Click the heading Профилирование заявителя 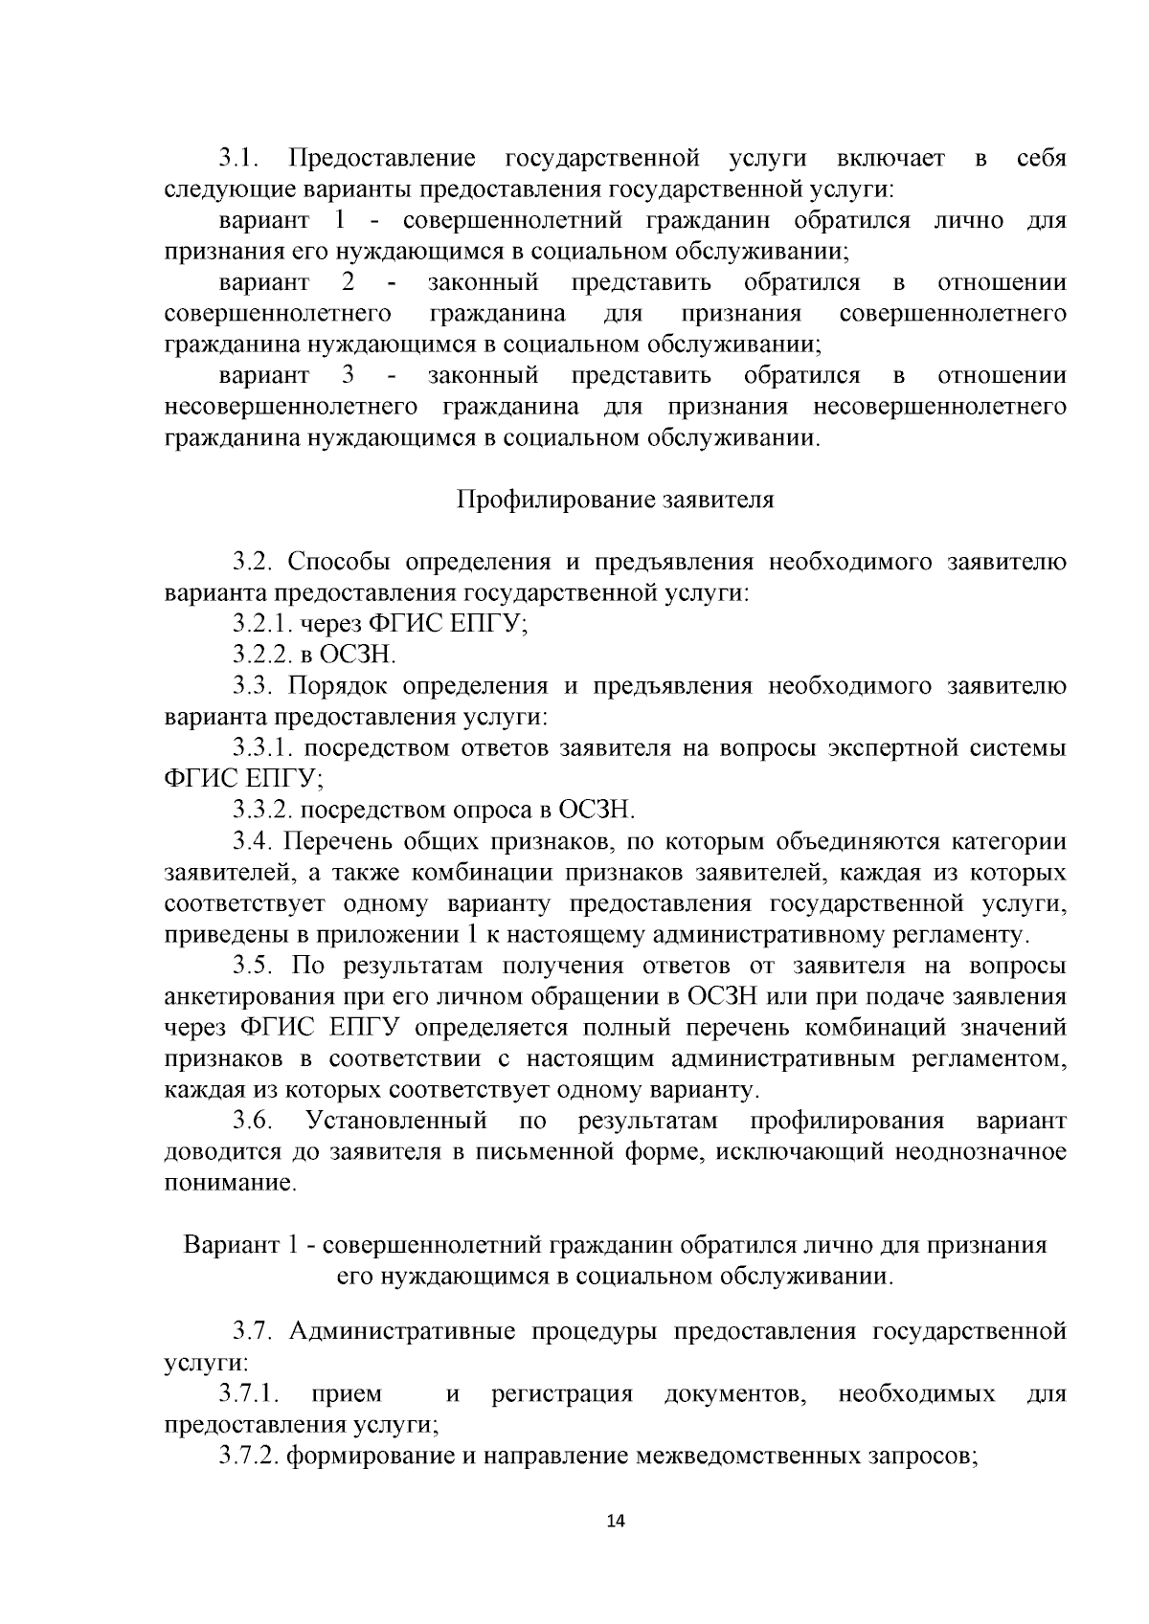click(615, 501)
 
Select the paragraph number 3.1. click(238, 158)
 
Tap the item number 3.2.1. click(262, 624)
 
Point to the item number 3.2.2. click(262, 656)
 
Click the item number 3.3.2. click(262, 811)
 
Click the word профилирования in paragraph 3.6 click(846, 1121)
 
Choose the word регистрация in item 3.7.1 click(562, 1394)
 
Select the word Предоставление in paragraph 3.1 click(382, 158)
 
